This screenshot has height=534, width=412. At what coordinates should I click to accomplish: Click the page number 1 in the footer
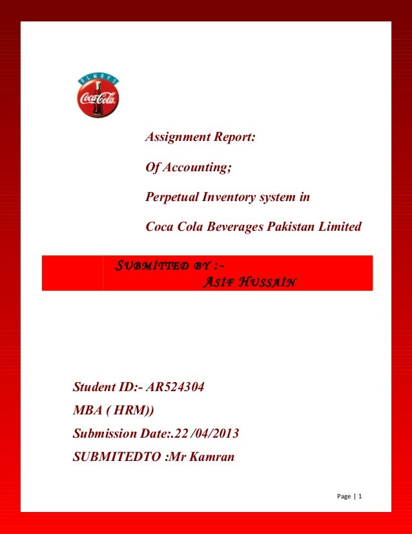(360, 496)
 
